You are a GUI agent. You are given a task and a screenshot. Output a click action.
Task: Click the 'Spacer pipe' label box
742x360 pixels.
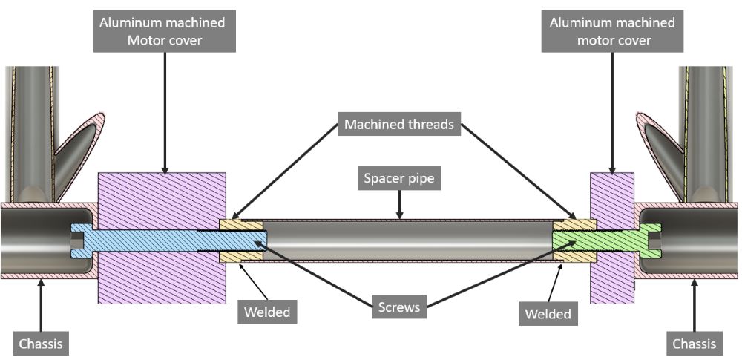coord(399,179)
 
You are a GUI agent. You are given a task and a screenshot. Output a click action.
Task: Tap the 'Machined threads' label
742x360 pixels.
coord(399,124)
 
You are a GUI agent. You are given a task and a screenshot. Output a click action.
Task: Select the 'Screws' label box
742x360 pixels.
coord(399,307)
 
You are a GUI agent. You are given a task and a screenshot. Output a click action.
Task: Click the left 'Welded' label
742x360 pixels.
coord(267,312)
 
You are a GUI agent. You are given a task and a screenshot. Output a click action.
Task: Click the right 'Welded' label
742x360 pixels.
coord(548,313)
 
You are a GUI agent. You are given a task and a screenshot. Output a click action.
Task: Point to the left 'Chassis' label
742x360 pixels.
coord(41,343)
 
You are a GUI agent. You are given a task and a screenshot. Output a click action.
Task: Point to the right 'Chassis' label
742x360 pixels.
coord(695,343)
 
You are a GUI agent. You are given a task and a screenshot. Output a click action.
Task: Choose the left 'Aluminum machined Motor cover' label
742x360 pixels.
coord(164,31)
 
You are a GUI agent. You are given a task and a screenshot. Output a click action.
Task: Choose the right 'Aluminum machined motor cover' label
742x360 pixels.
coord(612,31)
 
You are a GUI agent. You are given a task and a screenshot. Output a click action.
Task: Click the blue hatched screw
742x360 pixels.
coord(168,240)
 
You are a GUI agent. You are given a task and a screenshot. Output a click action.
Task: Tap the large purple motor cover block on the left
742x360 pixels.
coord(162,238)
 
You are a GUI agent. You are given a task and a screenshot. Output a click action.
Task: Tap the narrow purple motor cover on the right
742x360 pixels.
coord(612,238)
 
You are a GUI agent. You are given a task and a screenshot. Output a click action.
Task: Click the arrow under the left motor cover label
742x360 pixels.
coord(165,112)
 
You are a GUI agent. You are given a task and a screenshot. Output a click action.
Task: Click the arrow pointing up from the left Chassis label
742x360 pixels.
coord(41,305)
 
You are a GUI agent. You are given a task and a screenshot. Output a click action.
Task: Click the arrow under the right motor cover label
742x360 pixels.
coord(612,112)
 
